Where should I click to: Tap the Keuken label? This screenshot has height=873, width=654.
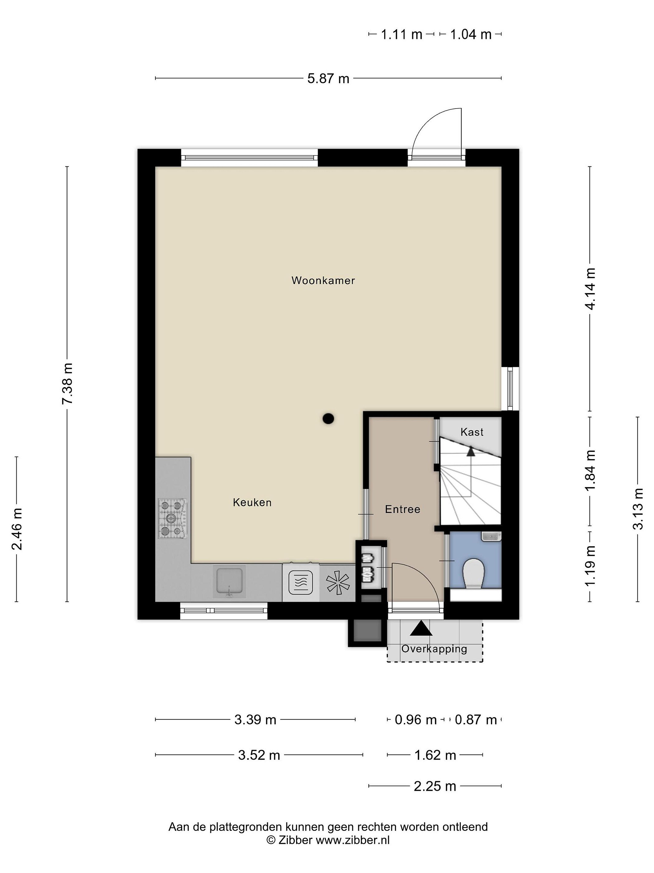click(252, 502)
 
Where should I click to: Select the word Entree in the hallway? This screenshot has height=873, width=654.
click(402, 509)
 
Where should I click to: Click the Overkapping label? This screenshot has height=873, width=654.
click(434, 649)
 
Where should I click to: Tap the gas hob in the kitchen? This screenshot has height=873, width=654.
click(173, 518)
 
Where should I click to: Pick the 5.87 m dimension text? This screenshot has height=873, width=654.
click(329, 79)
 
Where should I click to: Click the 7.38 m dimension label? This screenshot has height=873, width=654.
click(67, 384)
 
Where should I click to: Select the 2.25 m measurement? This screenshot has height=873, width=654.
click(435, 786)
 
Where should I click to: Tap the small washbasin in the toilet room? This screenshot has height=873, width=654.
click(491, 536)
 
